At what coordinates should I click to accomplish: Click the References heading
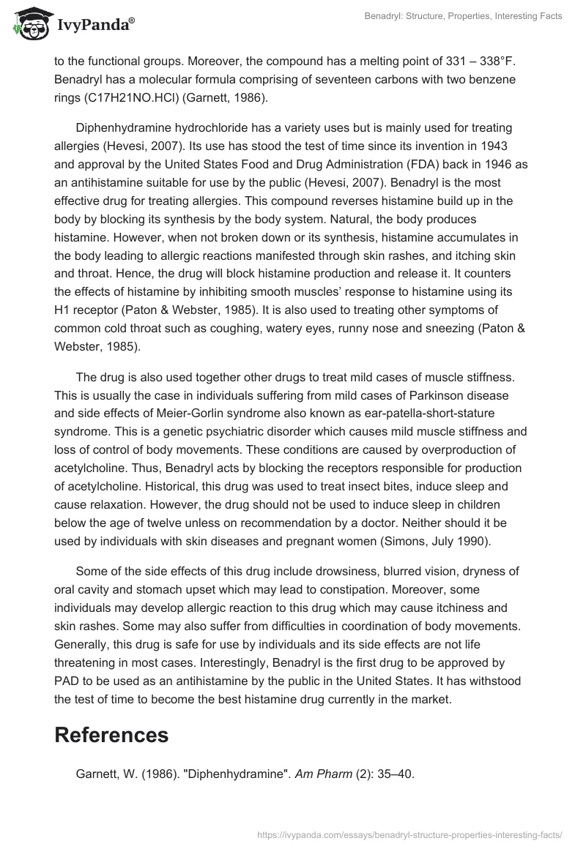tap(111, 734)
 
